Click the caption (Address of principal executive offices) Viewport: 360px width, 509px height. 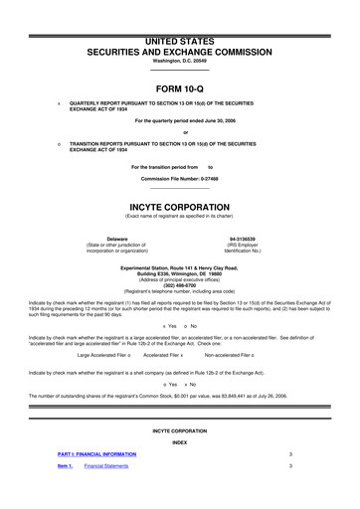[x=179, y=278]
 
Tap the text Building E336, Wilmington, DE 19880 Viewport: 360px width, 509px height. [x=179, y=272]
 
